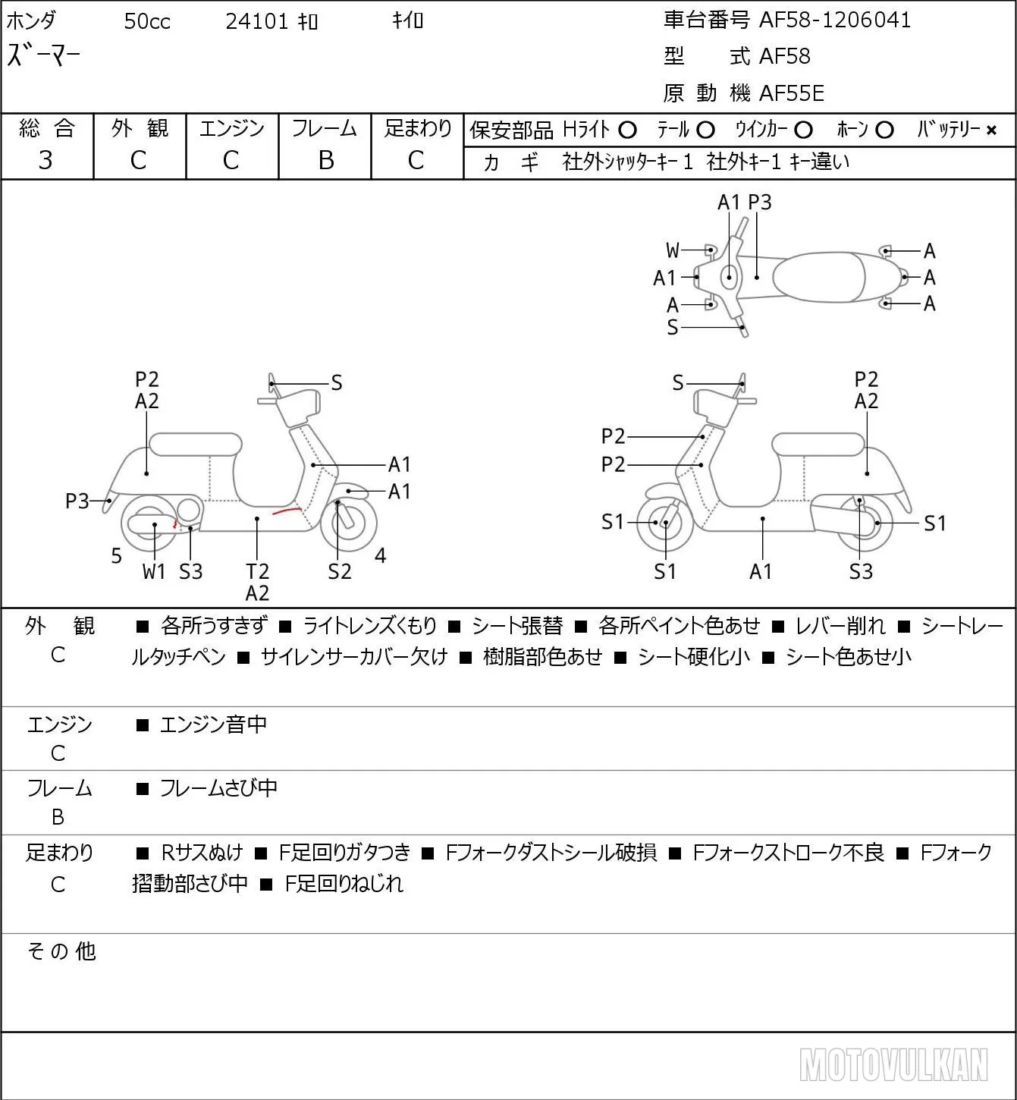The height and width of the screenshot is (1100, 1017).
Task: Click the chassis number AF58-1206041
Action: pyautogui.click(x=835, y=20)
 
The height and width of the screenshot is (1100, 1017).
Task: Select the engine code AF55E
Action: pyautogui.click(x=792, y=93)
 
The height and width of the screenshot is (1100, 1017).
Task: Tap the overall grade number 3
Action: pyautogui.click(x=46, y=160)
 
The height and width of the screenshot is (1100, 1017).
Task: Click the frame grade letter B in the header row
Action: pyautogui.click(x=325, y=160)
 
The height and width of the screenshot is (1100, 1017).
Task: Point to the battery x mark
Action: pyautogui.click(x=991, y=130)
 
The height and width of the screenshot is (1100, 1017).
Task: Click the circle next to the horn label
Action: pyautogui.click(x=884, y=130)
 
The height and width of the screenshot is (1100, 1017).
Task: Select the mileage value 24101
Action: pyautogui.click(x=256, y=21)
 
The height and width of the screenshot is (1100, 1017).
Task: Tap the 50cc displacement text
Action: pyautogui.click(x=147, y=21)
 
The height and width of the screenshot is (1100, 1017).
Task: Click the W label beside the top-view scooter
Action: pyautogui.click(x=673, y=250)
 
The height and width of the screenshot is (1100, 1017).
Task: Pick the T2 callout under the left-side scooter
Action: pyautogui.click(x=257, y=570)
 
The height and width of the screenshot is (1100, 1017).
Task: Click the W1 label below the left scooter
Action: pyautogui.click(x=153, y=571)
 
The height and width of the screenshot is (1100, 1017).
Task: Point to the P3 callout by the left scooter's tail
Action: pyautogui.click(x=77, y=501)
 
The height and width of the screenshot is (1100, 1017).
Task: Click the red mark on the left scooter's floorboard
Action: pyautogui.click(x=287, y=511)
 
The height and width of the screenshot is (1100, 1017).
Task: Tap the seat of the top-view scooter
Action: pyautogui.click(x=818, y=277)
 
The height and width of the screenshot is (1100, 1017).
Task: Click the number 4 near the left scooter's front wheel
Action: pyautogui.click(x=380, y=555)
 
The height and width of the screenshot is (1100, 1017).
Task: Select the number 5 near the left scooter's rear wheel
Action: pyautogui.click(x=116, y=555)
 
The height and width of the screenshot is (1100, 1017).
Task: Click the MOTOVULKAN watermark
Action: pyautogui.click(x=893, y=1064)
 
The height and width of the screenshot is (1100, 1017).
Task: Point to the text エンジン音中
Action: pyautogui.click(x=213, y=724)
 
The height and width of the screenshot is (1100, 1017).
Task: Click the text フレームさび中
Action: pyautogui.click(x=218, y=787)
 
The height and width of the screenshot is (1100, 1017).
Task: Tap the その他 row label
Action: pyautogui.click(x=61, y=951)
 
